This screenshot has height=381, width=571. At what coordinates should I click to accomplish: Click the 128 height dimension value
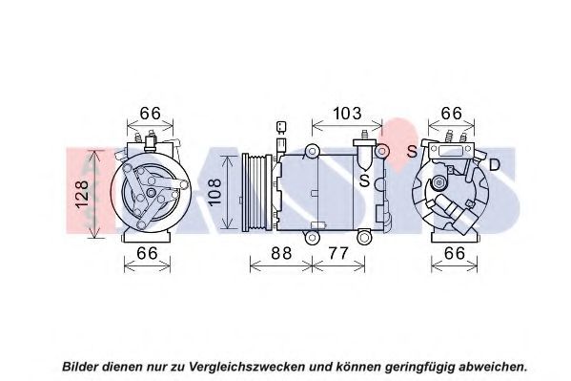click(83, 194)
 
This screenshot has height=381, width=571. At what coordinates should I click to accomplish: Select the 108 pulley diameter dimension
click(214, 192)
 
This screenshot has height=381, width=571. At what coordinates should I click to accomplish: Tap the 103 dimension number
click(347, 114)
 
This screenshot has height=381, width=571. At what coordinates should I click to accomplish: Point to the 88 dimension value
click(281, 253)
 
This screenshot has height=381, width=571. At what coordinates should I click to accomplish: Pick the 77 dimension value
click(338, 253)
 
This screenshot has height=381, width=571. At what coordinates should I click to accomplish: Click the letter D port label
click(494, 165)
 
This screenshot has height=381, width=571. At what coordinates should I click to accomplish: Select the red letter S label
click(412, 151)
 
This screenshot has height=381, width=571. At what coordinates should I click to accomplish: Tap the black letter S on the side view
click(364, 180)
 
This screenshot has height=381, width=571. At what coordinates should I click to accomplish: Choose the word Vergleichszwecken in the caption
click(247, 367)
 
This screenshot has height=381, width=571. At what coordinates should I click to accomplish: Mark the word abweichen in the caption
click(493, 367)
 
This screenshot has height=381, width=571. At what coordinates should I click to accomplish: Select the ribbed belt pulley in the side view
click(256, 192)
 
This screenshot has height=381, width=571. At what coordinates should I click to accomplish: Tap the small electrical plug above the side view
click(281, 127)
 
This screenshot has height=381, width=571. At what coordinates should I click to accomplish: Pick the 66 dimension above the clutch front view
click(151, 114)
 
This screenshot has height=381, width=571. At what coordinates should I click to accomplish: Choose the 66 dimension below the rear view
click(455, 253)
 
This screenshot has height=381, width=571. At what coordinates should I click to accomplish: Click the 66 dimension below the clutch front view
click(147, 253)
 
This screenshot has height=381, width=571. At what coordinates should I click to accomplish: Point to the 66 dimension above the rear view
click(452, 114)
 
